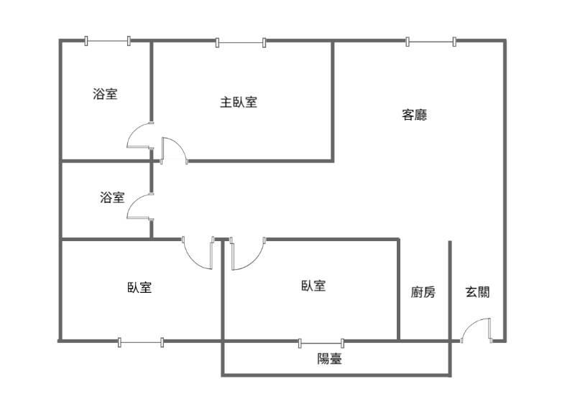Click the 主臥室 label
tap(239, 102)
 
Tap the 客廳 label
tap(414, 114)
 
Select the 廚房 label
tap(423, 292)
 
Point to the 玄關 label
tap(478, 292)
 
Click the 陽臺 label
tap(330, 359)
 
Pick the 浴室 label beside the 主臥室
tap(106, 93)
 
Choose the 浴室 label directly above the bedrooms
tap(112, 197)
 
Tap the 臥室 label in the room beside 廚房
tap(313, 286)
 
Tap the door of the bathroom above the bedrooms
tap(139, 207)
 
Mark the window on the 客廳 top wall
tap(431, 42)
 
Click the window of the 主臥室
tap(241, 42)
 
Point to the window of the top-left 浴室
tap(107, 41)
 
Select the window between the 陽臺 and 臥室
tap(321, 342)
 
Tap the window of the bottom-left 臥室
tap(141, 342)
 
